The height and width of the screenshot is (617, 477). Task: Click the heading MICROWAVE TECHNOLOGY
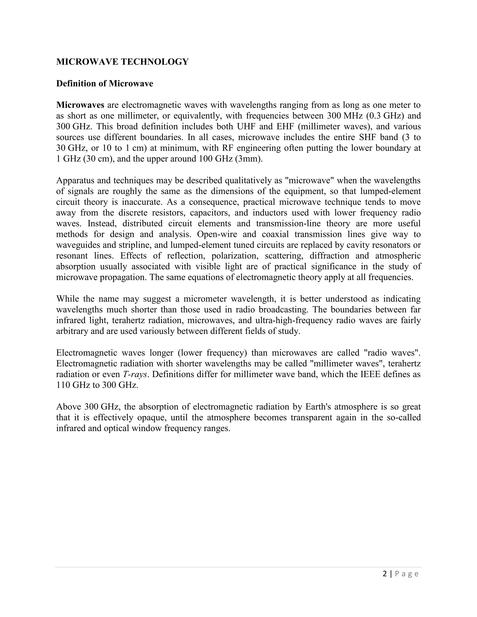tap(122, 62)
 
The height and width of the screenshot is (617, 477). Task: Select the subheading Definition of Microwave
tap(105, 84)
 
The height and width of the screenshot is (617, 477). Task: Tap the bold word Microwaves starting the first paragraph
tap(80, 105)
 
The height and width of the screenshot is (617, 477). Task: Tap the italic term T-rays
tap(135, 374)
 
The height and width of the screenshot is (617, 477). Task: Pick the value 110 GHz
tap(73, 385)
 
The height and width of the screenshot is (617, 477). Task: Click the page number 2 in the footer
tap(385, 574)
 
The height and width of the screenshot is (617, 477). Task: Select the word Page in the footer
tap(407, 574)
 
